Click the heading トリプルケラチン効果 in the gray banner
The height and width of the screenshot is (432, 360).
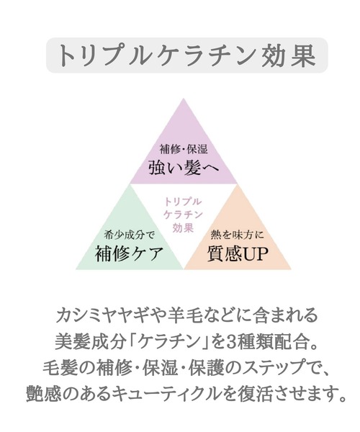pyautogui.click(x=186, y=55)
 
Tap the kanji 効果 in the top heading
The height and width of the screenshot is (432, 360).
pyautogui.click(x=289, y=55)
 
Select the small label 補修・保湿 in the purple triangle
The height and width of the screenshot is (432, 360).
pyautogui.click(x=184, y=149)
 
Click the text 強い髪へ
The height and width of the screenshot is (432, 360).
pyautogui.click(x=184, y=167)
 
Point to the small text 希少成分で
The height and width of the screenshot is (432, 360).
pyautogui.click(x=130, y=235)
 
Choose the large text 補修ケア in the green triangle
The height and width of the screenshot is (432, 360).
pyautogui.click(x=129, y=253)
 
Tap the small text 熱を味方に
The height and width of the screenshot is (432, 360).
pyautogui.click(x=237, y=235)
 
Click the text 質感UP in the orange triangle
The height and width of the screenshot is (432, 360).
pyautogui.click(x=238, y=253)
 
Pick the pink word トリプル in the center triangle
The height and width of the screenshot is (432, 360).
pyautogui.click(x=183, y=202)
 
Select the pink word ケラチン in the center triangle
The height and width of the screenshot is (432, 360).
pyautogui.click(x=183, y=215)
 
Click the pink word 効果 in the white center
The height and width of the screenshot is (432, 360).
pyautogui.click(x=183, y=228)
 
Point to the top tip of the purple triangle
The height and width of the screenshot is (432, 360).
pyautogui.click(x=184, y=99)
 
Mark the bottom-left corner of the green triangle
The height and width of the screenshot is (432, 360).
pyautogui.click(x=76, y=269)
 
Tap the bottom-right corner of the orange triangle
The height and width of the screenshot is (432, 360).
pyautogui.click(x=291, y=269)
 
